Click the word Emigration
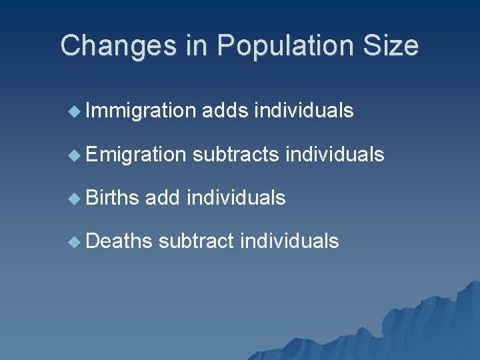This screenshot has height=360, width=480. pyautogui.click(x=135, y=155)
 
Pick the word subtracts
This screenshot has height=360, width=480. pyautogui.click(x=235, y=155)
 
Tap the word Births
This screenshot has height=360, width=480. pyautogui.click(x=112, y=197)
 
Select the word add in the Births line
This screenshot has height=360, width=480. pyautogui.click(x=163, y=197)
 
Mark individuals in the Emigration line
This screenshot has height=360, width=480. pyautogui.click(x=335, y=155)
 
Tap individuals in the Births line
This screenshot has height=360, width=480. pyautogui.click(x=237, y=197)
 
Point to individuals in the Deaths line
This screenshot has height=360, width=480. pyautogui.click(x=289, y=240)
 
